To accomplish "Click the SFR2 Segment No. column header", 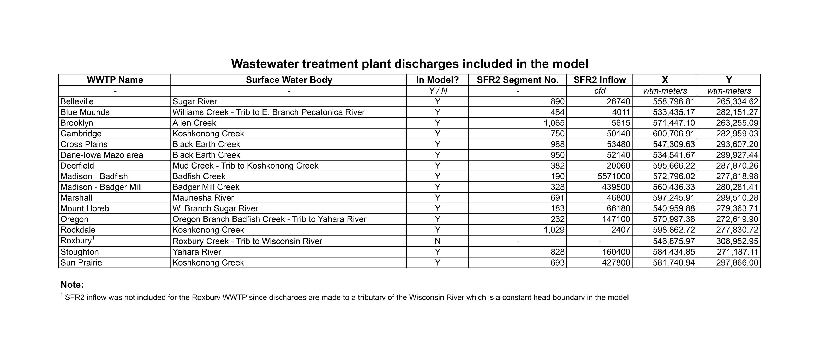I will tap(517, 80).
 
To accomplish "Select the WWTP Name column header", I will tap(115, 80).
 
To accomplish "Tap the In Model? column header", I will tap(437, 80).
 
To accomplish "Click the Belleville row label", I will tap(77, 101).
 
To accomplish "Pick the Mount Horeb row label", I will tap(85, 208).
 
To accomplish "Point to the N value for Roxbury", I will tap(437, 241).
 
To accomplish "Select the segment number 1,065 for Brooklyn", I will tap(554, 123).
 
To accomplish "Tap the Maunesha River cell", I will tap(203, 198).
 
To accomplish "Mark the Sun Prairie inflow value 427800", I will tap(616, 263).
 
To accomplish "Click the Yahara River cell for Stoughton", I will tap(197, 252).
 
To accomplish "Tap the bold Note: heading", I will tap(72, 285).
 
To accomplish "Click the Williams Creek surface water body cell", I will tap(268, 112).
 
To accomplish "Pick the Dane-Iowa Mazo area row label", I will tap(101, 155).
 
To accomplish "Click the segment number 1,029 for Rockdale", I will tap(554, 230).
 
